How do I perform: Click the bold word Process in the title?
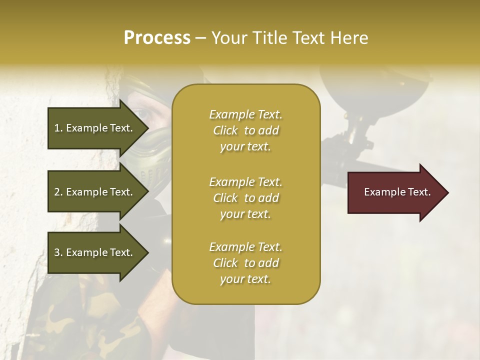pyautogui.click(x=157, y=38)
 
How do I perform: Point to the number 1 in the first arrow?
pyautogui.click(x=57, y=128)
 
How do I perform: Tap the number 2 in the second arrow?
pyautogui.click(x=57, y=192)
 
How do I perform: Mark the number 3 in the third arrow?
pyautogui.click(x=57, y=252)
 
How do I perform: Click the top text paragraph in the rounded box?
pyautogui.click(x=245, y=130)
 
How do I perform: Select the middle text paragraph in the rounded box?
pyautogui.click(x=245, y=198)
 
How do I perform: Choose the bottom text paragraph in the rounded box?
pyautogui.click(x=245, y=263)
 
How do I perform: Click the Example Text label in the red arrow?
pyautogui.click(x=397, y=192)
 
